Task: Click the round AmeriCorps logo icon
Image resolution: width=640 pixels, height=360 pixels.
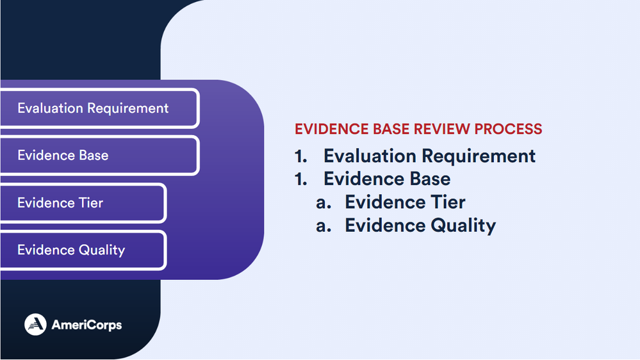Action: point(35,325)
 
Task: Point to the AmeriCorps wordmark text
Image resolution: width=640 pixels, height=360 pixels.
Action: point(86,325)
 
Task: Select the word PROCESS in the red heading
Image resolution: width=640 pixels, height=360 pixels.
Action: point(508,129)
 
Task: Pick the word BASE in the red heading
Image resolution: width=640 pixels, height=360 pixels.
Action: point(391,129)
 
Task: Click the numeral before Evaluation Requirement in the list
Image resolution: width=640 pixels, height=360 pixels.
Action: point(301,156)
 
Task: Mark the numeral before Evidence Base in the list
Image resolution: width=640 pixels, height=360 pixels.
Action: point(301,179)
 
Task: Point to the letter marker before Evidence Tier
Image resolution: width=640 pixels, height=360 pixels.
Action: point(324,203)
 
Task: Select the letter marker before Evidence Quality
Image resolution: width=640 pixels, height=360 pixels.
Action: point(324,226)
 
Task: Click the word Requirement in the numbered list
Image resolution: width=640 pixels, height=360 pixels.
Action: point(479,157)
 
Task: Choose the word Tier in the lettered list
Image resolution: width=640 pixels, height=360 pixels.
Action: point(448,202)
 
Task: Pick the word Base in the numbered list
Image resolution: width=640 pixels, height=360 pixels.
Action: point(431,179)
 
